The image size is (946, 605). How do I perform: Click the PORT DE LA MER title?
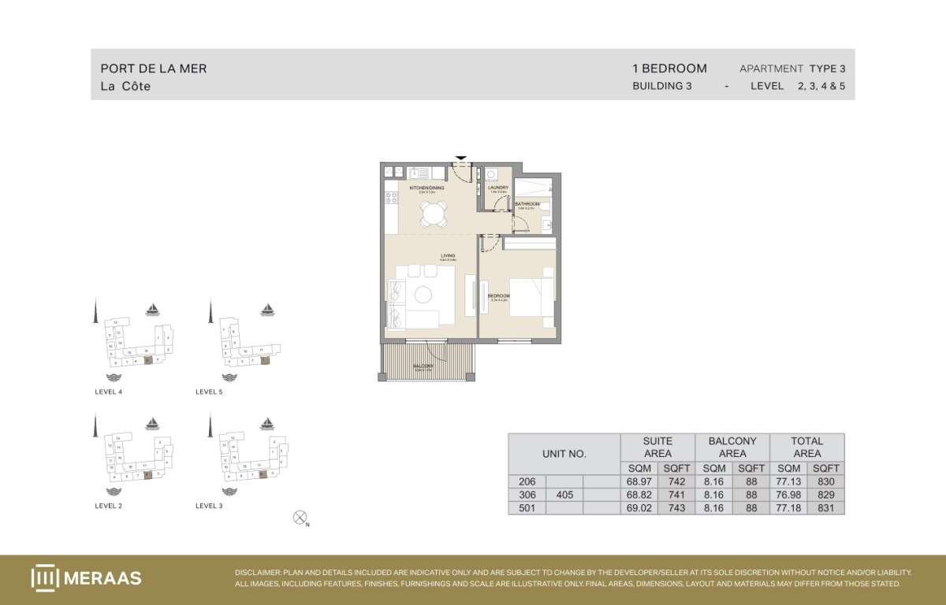(154, 69)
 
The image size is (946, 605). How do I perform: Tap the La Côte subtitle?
(125, 87)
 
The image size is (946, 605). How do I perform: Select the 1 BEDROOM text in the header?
(669, 69)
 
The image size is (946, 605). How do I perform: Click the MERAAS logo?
(87, 577)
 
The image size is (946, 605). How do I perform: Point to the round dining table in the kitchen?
(433, 213)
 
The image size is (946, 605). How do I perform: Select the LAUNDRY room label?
(498, 187)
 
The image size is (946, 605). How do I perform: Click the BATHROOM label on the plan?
(527, 204)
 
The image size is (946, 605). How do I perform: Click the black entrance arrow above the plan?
(461, 158)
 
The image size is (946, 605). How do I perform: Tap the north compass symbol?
(300, 518)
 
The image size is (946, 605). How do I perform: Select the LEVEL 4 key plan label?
(108, 392)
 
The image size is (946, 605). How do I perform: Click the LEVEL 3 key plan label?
(209, 506)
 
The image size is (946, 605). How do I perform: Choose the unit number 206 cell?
(527, 481)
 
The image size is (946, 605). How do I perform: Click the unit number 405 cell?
(564, 495)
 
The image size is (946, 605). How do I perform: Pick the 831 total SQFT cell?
(825, 508)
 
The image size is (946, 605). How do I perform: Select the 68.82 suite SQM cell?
(639, 495)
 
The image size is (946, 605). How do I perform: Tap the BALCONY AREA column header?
(732, 447)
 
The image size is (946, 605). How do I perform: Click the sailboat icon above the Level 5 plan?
(268, 309)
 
